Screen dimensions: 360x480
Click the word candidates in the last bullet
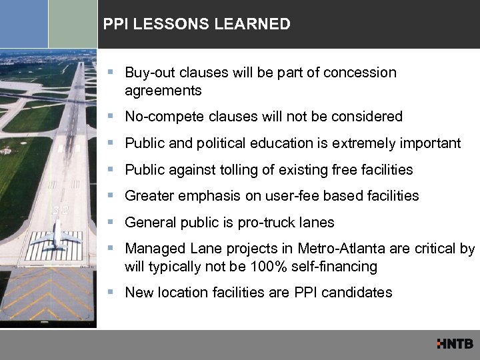(x=361, y=293)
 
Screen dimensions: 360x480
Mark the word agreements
(x=163, y=89)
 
